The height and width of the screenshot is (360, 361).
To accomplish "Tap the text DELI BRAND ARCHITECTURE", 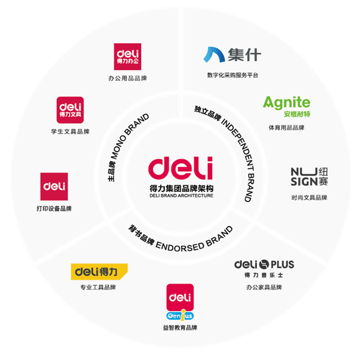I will click(x=180, y=195).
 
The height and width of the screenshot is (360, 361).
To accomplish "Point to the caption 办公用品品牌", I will click(x=128, y=78).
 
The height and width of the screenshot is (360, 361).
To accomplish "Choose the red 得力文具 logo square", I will click(x=70, y=110).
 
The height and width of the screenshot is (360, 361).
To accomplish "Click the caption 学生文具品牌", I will click(x=70, y=131).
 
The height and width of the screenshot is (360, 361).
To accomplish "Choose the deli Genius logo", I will click(x=180, y=302).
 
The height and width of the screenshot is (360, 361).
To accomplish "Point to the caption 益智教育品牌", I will click(x=180, y=328).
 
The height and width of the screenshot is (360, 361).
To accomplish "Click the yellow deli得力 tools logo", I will click(x=98, y=271).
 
